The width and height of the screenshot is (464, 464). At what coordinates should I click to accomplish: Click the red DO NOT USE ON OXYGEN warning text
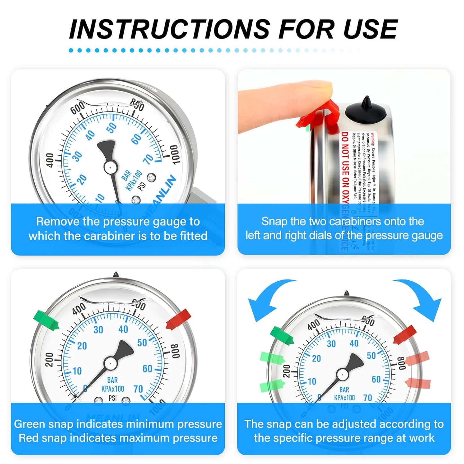345,167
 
